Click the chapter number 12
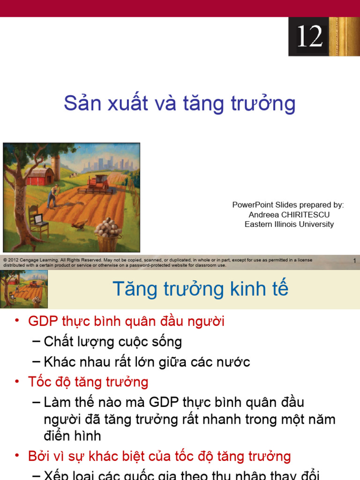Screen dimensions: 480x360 pyautogui.click(x=310, y=36)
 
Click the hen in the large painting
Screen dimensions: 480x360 pyautogui.click(x=80, y=225)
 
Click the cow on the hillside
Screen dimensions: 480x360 pyautogui.click(x=73, y=174)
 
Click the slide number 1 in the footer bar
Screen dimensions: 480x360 pyautogui.click(x=354, y=261)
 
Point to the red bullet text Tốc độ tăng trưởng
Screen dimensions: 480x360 pyautogui.click(x=88, y=382)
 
